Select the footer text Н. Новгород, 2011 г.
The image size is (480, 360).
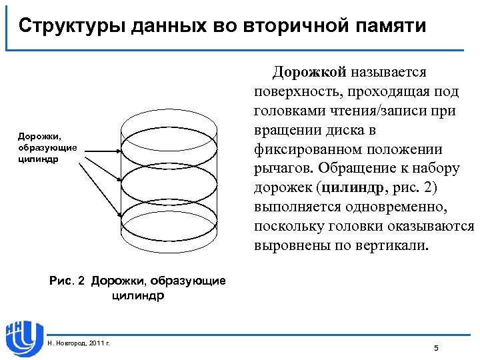click(x=79, y=343)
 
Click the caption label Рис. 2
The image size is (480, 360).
click(x=68, y=281)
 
